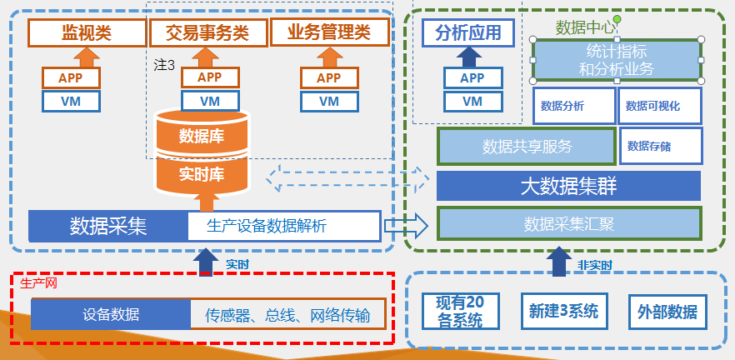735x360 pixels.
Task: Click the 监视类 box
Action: pyautogui.click(x=87, y=32)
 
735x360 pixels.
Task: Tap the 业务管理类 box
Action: pyautogui.click(x=329, y=32)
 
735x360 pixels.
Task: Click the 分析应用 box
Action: pyautogui.click(x=472, y=32)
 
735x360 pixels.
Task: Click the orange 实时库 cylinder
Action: pyautogui.click(x=202, y=174)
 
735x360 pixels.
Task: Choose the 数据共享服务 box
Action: pyautogui.click(x=527, y=147)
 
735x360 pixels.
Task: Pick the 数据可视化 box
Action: pyautogui.click(x=659, y=106)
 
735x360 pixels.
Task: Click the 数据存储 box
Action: pyautogui.click(x=660, y=147)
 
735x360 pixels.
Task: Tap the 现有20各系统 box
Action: pyautogui.click(x=459, y=312)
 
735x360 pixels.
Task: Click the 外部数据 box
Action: pyautogui.click(x=666, y=312)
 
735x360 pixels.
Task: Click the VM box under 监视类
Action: pyautogui.click(x=72, y=102)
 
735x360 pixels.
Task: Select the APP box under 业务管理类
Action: pyautogui.click(x=329, y=77)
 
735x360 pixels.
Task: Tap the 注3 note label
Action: pyautogui.click(x=164, y=63)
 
